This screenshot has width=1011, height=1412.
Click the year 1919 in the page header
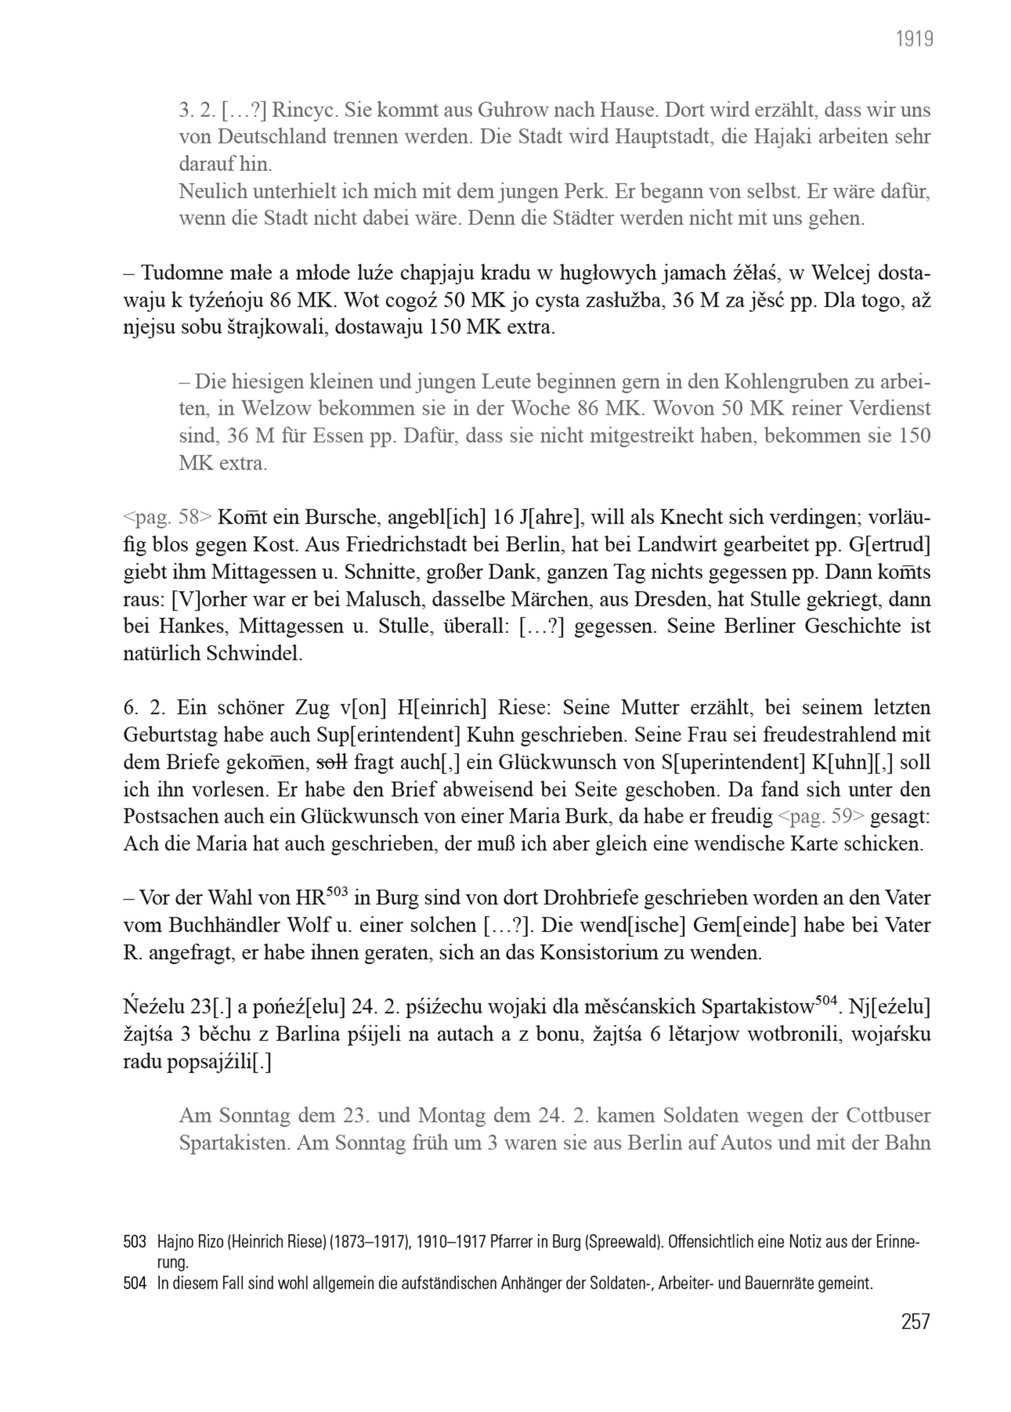click(x=914, y=40)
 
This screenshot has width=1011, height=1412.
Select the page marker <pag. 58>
click(x=168, y=517)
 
